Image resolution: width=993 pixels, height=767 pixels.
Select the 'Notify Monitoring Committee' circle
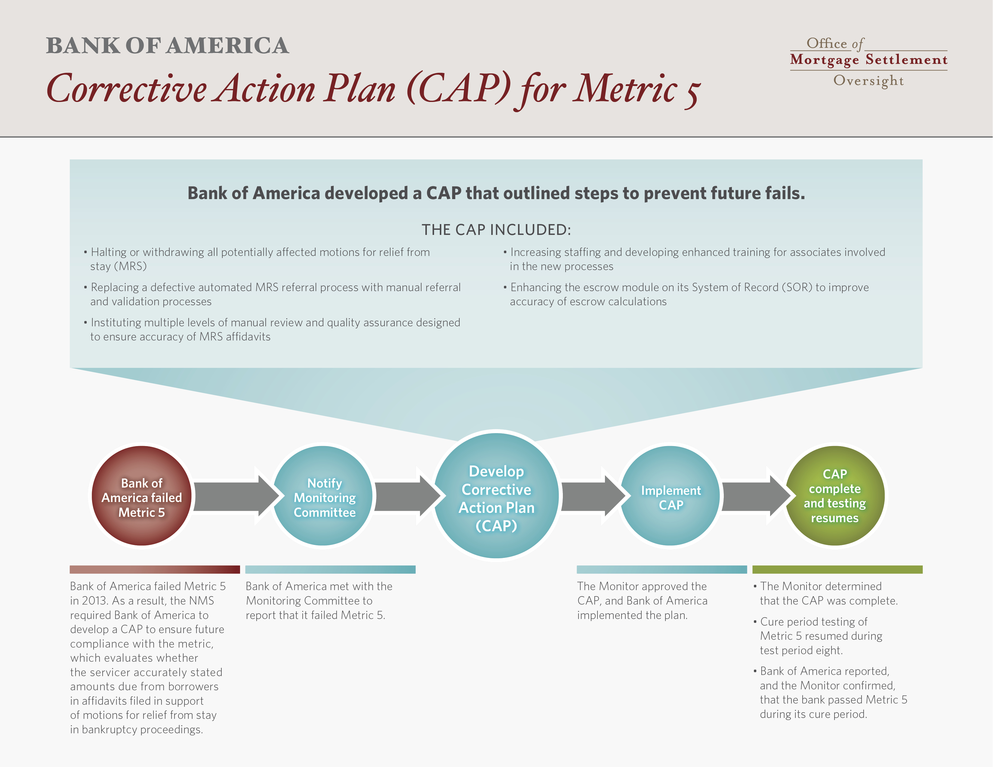323,496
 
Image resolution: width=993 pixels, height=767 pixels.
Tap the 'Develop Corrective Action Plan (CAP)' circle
496,496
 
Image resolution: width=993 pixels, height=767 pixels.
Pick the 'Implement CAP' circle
670,496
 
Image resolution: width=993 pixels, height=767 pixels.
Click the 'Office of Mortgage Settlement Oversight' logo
868,61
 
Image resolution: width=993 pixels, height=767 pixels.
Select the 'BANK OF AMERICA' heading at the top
167,45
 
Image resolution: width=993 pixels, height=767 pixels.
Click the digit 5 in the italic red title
692,94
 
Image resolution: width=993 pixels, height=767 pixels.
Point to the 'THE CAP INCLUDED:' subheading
496,229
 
